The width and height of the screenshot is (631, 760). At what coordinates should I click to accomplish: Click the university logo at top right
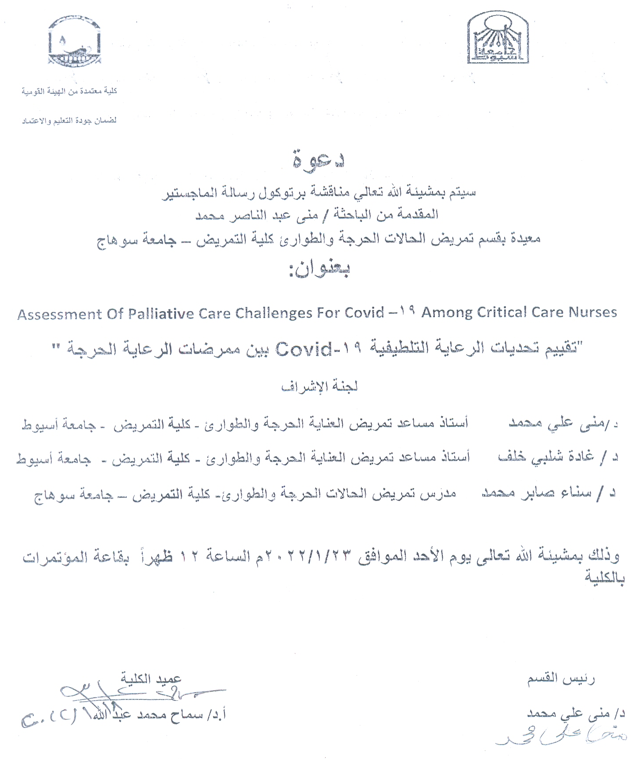498,38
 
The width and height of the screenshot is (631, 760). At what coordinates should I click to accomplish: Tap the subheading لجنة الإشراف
319,387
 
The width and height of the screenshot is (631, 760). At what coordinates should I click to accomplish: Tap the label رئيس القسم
561,678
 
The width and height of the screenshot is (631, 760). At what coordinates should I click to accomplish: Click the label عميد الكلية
151,678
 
